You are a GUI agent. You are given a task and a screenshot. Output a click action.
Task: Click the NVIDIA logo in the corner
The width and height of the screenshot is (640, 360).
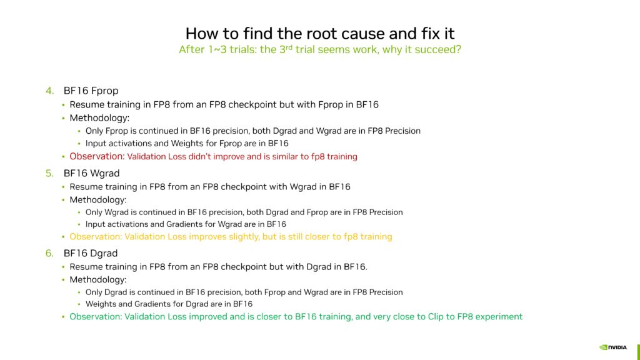pos(614,347)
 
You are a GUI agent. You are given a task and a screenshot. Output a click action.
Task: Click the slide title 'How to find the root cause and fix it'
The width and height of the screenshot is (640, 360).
pos(319,32)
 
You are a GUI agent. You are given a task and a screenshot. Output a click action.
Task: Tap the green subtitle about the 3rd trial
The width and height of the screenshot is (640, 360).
pos(319,49)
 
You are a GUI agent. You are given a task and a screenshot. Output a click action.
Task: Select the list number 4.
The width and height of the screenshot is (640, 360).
pos(49,91)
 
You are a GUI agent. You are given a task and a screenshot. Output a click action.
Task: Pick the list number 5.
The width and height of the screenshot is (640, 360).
pos(49,172)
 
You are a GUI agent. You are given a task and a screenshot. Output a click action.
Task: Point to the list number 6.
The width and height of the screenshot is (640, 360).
pos(49,253)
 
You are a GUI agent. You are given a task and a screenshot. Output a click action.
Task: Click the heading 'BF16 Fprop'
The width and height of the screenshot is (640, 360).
pos(91,91)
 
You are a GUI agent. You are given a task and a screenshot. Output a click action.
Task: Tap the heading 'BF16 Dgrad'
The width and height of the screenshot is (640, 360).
pos(91,253)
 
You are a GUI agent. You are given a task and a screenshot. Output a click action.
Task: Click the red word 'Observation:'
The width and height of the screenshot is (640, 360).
pos(97,156)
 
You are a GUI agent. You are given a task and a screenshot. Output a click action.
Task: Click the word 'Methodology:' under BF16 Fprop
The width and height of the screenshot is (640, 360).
pos(97,117)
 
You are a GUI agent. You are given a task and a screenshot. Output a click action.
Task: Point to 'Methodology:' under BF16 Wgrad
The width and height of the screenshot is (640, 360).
pos(97,199)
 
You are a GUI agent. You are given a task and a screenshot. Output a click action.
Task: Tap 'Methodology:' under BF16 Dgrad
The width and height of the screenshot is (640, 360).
pos(97,280)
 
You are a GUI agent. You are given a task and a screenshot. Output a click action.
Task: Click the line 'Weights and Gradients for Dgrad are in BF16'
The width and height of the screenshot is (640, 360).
pos(169,304)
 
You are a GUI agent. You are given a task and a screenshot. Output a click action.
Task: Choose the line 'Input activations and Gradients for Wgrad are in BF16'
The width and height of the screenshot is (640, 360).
pos(186,224)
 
